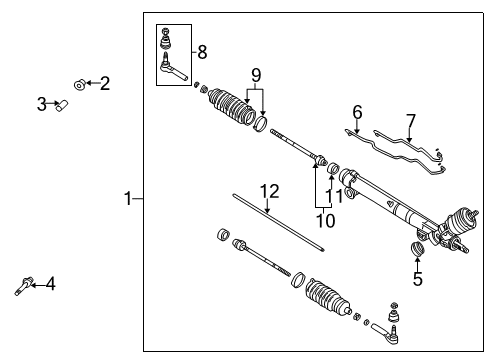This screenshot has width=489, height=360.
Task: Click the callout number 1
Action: pos(127,198)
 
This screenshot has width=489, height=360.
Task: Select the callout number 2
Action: pos(104,84)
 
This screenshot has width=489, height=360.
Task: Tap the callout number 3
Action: pos(42,102)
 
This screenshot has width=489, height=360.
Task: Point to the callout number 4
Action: pos(50,284)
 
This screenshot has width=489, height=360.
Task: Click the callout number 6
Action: pos(356,114)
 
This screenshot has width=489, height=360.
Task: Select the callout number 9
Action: pos(255,74)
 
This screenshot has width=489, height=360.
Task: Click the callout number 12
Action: pos(267,191)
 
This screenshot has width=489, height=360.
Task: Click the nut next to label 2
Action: pos(78,84)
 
